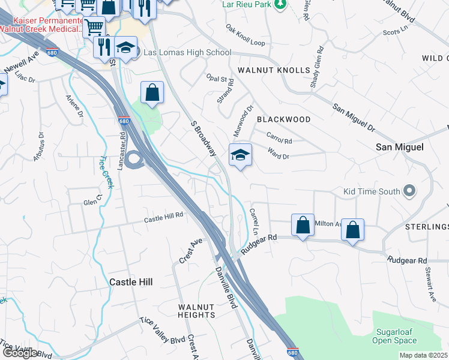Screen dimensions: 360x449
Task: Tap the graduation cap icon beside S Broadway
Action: click(x=240, y=156)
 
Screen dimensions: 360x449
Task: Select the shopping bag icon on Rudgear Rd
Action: click(x=352, y=229)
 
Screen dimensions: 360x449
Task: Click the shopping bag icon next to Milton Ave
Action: click(x=303, y=226)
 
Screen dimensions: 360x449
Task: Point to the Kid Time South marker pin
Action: click(x=409, y=191)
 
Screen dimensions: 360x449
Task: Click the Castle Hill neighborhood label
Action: click(x=131, y=281)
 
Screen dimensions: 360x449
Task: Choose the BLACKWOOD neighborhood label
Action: click(x=284, y=119)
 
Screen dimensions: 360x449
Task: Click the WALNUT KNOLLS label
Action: click(x=274, y=70)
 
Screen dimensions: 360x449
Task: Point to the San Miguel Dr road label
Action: click(x=354, y=118)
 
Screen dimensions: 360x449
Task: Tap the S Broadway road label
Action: click(x=203, y=138)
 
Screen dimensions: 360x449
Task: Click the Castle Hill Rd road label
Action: click(x=163, y=220)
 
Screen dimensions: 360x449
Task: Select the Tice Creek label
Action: click(x=106, y=171)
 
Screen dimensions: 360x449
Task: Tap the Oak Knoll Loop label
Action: click(x=246, y=35)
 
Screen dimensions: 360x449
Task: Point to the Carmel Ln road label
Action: click(x=253, y=221)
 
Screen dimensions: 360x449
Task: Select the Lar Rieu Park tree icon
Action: click(x=279, y=5)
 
